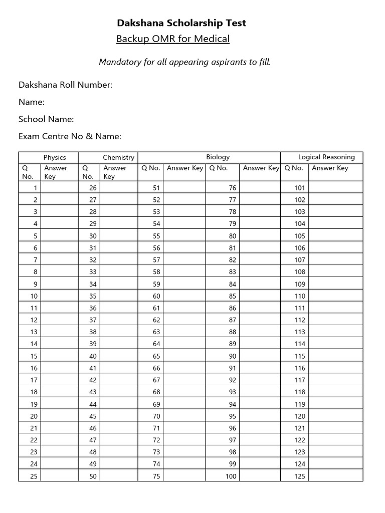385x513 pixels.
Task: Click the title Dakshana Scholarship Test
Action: tap(181, 23)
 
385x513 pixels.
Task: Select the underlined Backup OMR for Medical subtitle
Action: tap(173, 39)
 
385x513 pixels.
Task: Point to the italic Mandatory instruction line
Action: tap(184, 62)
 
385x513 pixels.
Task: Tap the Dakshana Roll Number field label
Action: tap(65, 85)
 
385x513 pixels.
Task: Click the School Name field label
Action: tap(46, 119)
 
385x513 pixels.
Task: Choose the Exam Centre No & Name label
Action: tap(70, 136)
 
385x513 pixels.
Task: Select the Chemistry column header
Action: tap(118, 157)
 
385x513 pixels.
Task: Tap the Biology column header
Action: tap(218, 157)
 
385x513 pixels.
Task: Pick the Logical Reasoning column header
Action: tap(326, 157)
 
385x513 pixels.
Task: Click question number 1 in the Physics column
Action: tap(35, 188)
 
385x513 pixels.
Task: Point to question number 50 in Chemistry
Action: tap(93, 476)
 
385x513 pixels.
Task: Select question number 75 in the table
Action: tap(156, 476)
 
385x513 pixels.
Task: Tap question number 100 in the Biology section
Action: tap(231, 476)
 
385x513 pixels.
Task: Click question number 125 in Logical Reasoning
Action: tap(300, 476)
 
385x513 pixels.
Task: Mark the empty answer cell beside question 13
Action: tap(60, 332)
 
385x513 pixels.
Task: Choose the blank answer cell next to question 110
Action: tap(335, 296)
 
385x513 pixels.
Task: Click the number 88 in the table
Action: tap(232, 332)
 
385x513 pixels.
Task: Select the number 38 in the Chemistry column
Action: tap(93, 332)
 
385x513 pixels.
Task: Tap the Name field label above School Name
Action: tap(32, 102)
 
